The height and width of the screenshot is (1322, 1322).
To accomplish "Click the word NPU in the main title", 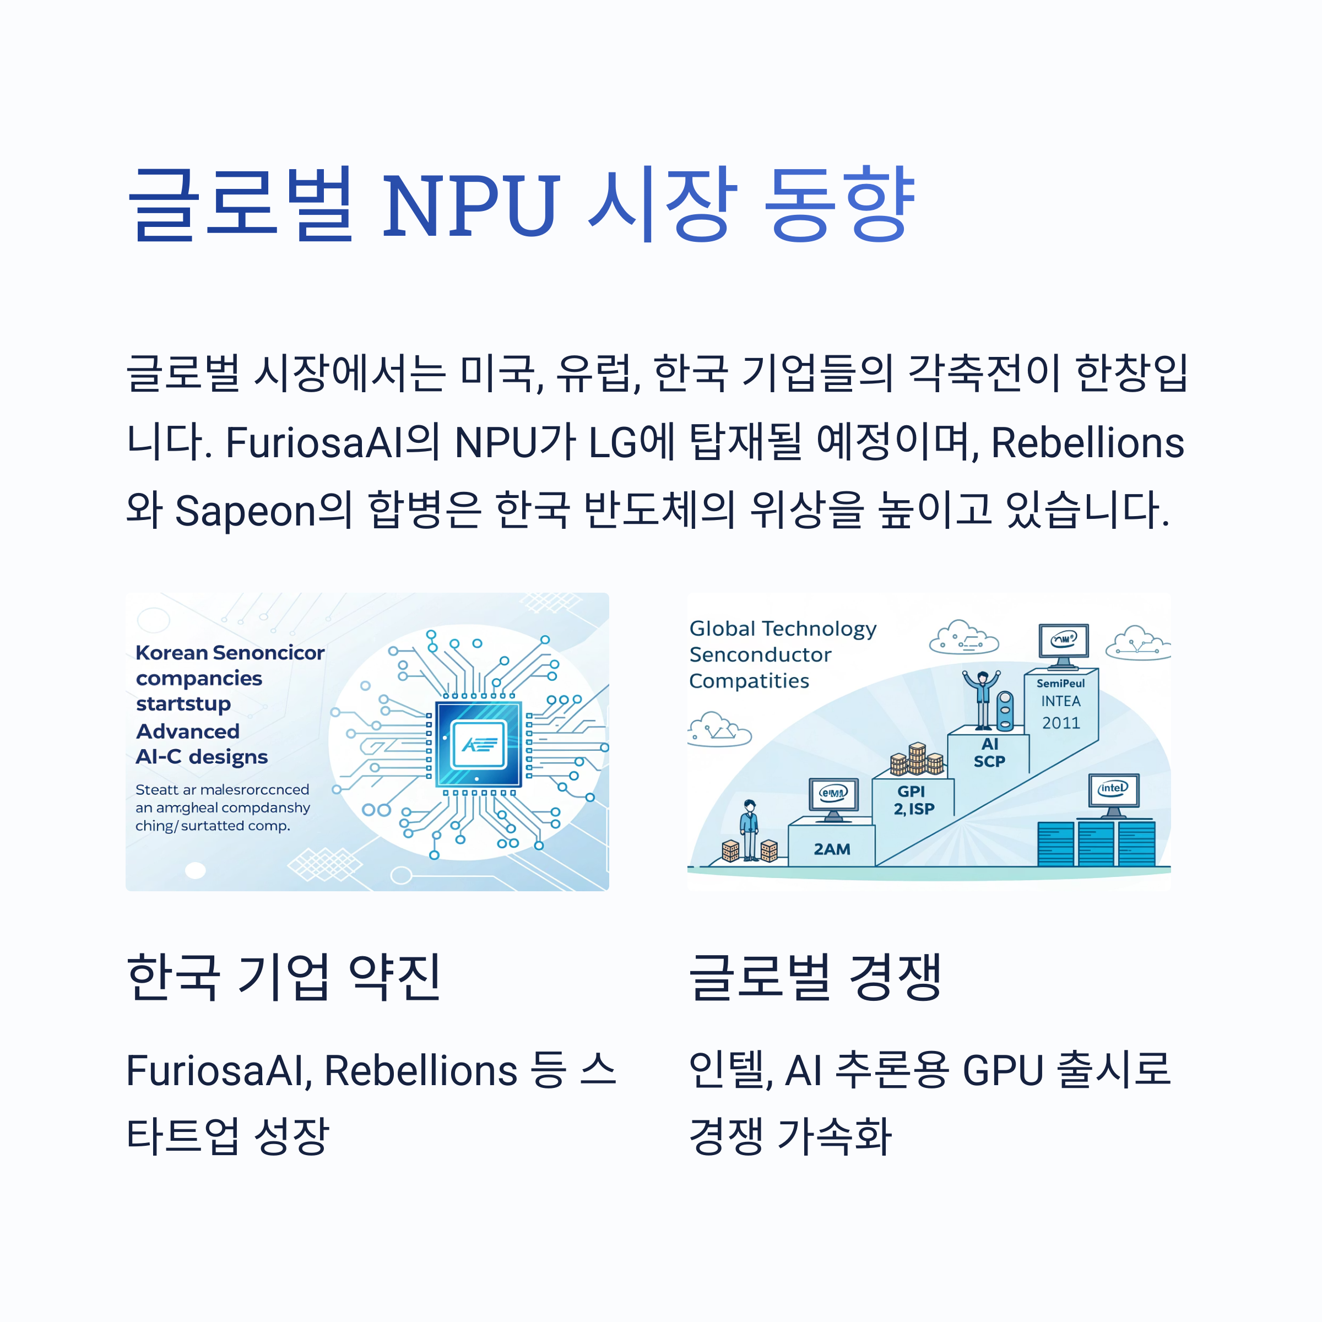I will [471, 205].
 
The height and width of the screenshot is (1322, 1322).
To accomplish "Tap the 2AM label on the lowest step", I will [831, 849].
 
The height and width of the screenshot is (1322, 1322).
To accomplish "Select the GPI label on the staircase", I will [911, 792].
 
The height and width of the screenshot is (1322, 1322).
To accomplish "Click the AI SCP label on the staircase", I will [989, 752].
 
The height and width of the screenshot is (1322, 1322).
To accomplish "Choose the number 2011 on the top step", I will [1060, 723].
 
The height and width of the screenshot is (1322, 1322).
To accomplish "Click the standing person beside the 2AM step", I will [750, 830].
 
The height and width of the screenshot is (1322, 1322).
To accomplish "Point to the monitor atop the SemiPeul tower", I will [1063, 643].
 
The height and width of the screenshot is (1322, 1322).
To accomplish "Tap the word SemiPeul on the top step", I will [1060, 683].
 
